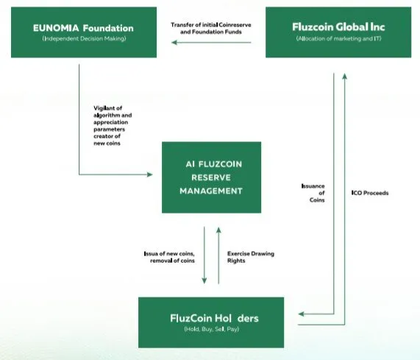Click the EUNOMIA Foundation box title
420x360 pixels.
[x=83, y=28]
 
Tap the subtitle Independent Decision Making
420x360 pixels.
[x=84, y=38]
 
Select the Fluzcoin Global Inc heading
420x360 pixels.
[x=338, y=27]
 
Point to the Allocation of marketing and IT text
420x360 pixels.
[x=338, y=38]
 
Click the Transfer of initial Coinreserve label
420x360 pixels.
[x=211, y=25]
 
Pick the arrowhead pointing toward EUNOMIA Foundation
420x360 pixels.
[x=174, y=43]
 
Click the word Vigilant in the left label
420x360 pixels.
[x=104, y=108]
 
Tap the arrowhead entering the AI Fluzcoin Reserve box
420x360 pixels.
[x=150, y=174]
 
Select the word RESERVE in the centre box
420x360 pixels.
[x=211, y=177]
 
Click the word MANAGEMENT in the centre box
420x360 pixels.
[x=211, y=191]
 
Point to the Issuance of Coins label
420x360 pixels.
[x=313, y=193]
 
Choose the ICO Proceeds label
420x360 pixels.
[x=370, y=193]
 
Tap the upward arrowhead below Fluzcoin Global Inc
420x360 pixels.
[x=345, y=77]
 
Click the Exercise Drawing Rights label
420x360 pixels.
[x=251, y=257]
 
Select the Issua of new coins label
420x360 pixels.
[x=169, y=257]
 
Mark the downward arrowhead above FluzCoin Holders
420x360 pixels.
[x=204, y=280]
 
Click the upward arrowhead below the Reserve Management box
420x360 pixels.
[x=218, y=230]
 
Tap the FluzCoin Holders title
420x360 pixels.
[x=214, y=318]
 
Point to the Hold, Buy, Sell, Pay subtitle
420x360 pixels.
[x=211, y=329]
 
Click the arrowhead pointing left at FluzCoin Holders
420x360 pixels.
[x=301, y=314]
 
